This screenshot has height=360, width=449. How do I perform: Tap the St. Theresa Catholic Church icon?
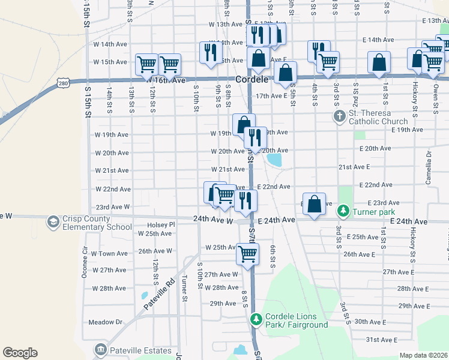coord(340,115)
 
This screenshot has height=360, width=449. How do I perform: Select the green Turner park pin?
coord(342,211)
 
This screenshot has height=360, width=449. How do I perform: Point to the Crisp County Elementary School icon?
coord(53,223)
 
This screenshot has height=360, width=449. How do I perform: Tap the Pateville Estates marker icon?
coord(100,350)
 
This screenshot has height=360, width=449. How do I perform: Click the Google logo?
coord(20,353)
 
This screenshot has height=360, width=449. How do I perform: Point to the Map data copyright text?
coord(423,355)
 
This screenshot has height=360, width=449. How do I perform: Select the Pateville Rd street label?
coord(158,294)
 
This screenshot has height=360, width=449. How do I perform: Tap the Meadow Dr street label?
coord(105,322)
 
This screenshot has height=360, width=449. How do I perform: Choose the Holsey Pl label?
coord(160,225)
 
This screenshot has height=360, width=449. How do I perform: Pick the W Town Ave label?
coord(109,254)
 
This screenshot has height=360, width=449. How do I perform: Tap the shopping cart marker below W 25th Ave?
coord(247,254)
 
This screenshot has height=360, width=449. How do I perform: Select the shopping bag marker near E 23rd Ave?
coord(314,204)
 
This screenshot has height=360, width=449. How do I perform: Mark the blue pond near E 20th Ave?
coord(274,160)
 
